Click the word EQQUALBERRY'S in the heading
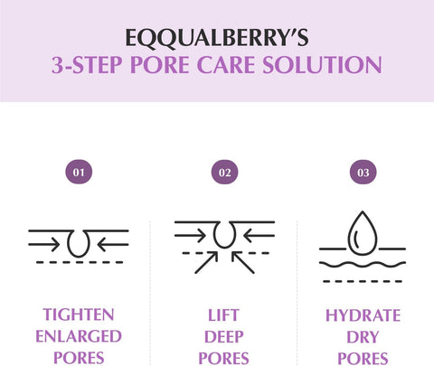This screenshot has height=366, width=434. [x=217, y=37]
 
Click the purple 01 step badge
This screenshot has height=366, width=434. [x=79, y=170]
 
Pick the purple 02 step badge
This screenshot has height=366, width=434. [x=223, y=170]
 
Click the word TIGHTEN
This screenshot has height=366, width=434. [x=79, y=314]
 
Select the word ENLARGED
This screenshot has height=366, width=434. [x=79, y=336]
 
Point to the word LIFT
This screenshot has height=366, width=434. [x=223, y=314]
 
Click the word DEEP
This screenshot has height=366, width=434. [x=223, y=336]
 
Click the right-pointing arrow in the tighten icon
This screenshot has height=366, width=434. [x=45, y=242]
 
